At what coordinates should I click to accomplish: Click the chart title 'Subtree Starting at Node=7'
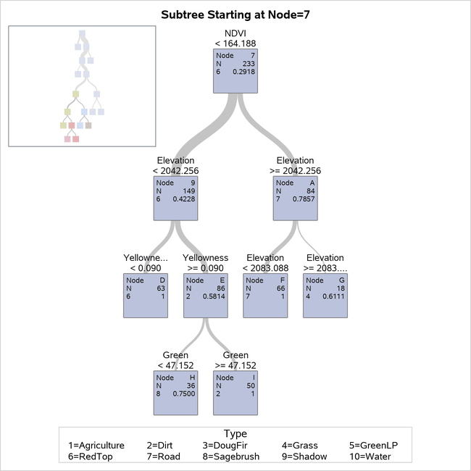click(235, 14)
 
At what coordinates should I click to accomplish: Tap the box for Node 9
click(175, 198)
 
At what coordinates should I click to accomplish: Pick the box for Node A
click(295, 198)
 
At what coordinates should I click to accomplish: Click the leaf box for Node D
click(145, 295)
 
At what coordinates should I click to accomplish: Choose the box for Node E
click(206, 295)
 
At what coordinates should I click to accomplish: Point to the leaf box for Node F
click(265, 295)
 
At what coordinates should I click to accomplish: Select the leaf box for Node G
click(325, 295)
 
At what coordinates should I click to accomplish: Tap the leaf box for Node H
click(175, 392)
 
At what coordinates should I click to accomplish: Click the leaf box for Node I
click(236, 392)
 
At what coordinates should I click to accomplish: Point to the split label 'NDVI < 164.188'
click(236, 38)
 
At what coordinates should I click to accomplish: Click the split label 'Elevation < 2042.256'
click(175, 165)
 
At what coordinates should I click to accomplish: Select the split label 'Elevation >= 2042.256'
click(295, 165)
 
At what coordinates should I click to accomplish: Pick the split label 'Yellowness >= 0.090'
click(206, 262)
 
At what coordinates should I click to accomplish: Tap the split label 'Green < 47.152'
click(175, 360)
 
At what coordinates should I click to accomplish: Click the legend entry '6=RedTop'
click(87, 457)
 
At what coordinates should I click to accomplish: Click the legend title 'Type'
click(236, 434)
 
